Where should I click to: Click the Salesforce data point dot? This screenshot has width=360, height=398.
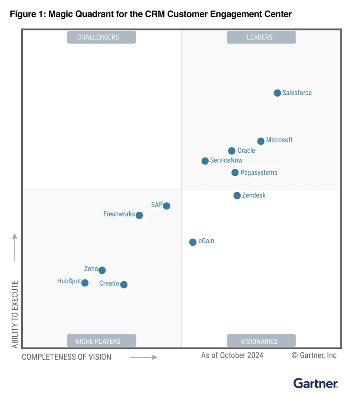277,93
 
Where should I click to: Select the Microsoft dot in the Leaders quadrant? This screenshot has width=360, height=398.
261,141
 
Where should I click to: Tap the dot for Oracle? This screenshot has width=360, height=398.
232,151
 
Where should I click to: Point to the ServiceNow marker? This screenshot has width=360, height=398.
205,161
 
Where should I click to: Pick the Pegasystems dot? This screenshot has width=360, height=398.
235,173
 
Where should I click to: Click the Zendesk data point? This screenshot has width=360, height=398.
237,195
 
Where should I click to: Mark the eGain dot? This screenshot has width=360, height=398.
193,242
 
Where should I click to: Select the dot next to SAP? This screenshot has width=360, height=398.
166,206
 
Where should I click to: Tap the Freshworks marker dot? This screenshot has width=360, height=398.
139,215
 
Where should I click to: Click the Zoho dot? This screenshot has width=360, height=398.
102,270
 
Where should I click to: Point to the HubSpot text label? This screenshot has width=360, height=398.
69,281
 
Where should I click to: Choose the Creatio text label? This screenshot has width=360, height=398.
109,283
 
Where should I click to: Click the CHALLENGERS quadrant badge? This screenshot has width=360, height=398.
102,37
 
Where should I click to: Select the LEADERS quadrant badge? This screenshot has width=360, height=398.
261,37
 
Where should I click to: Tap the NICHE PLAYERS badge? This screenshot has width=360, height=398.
102,341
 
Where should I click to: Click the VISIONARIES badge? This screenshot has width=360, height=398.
261,341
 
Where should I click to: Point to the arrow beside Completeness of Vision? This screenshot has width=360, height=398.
143,357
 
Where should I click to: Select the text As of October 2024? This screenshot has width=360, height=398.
232,355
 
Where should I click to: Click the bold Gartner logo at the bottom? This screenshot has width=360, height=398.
316,384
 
